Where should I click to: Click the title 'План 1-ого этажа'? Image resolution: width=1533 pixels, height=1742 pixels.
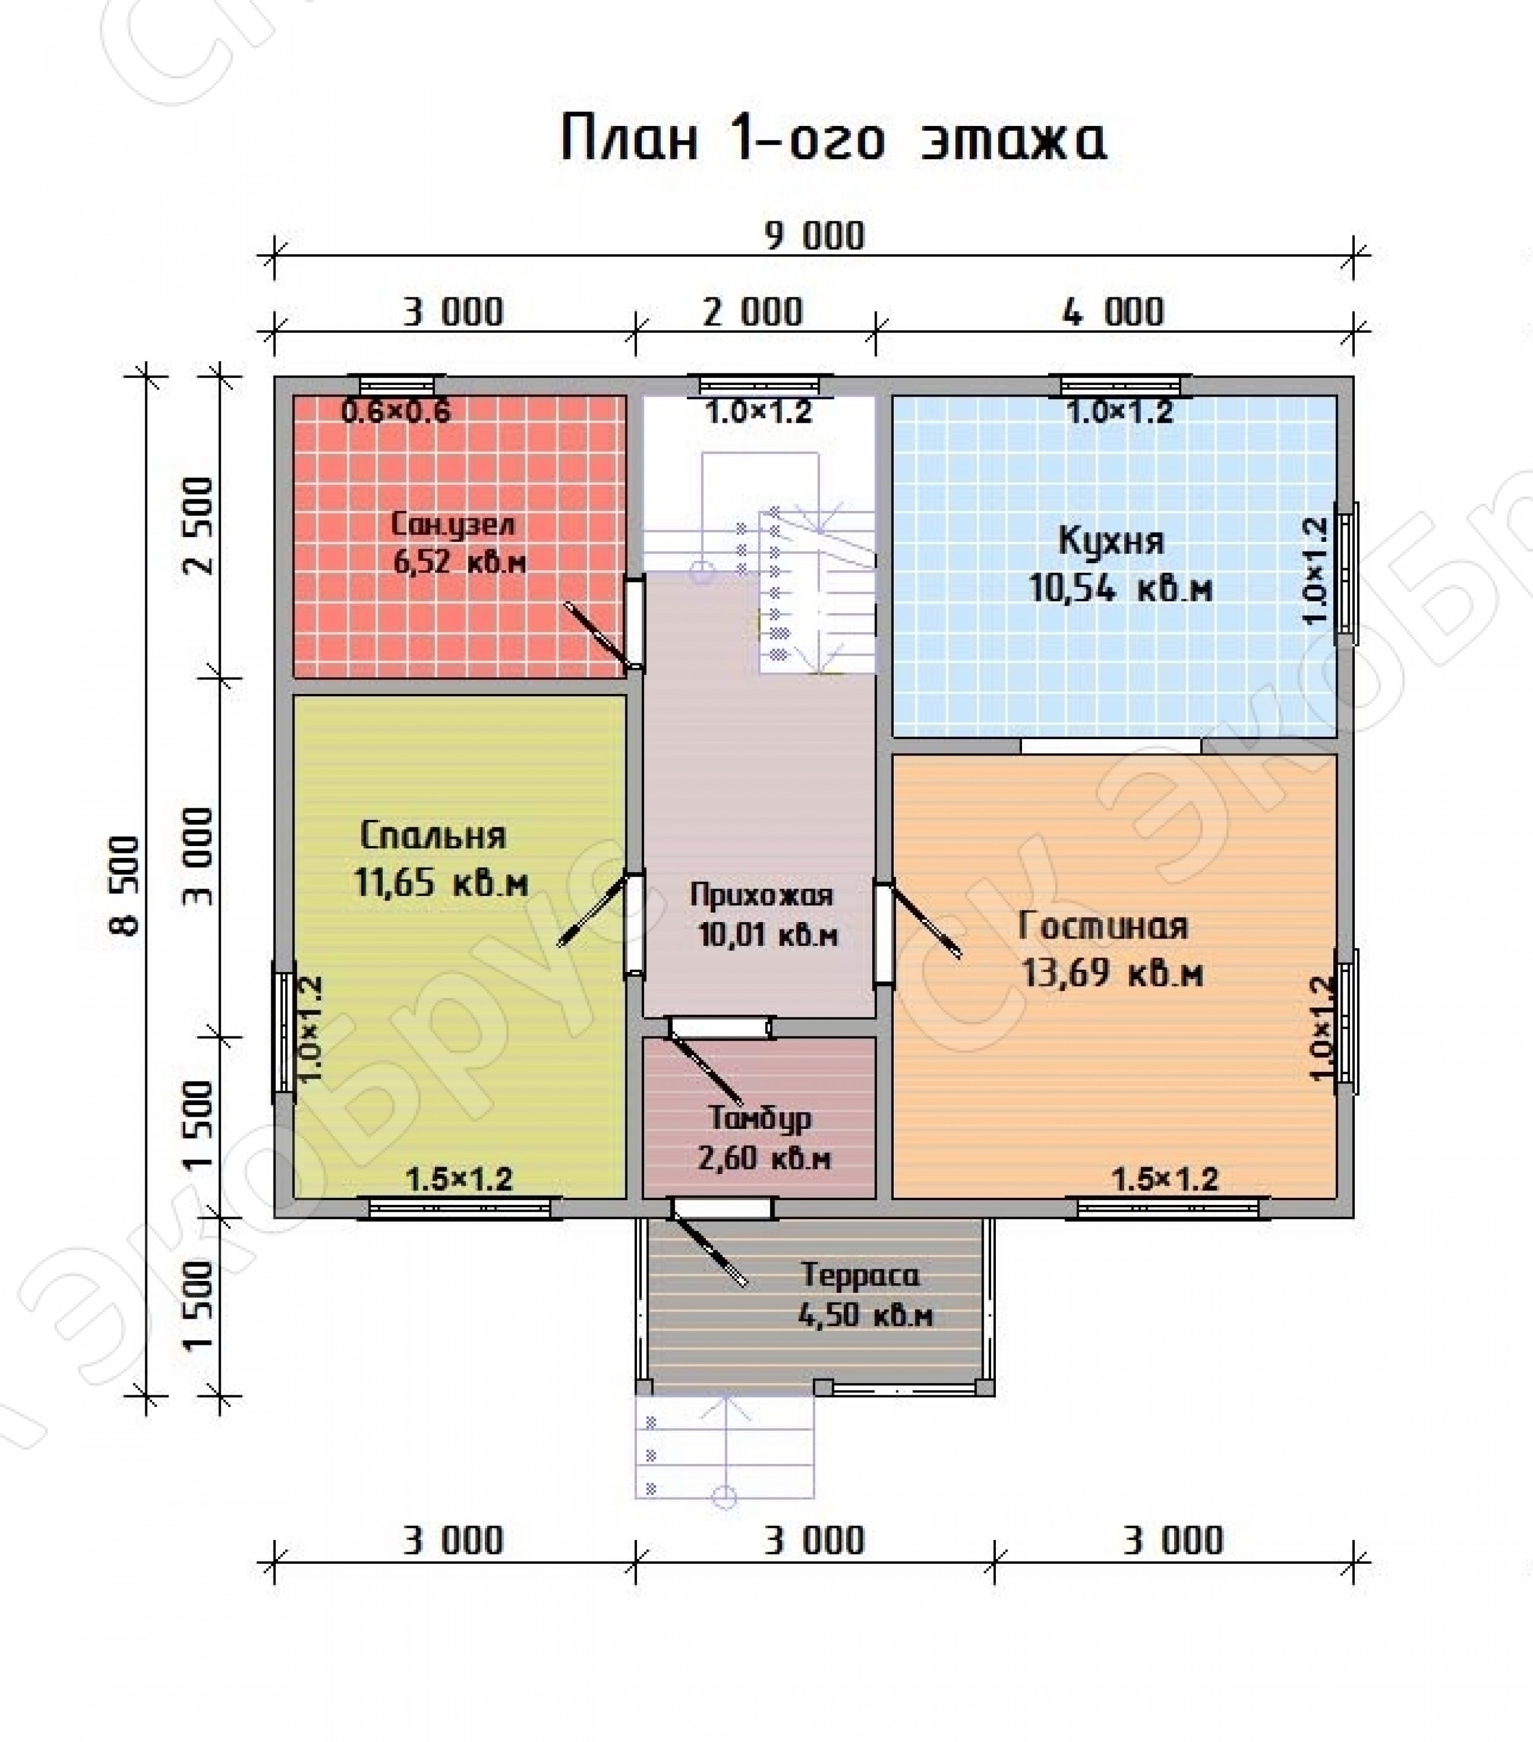click(833, 139)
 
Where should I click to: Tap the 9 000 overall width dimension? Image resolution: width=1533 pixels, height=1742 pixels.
click(814, 236)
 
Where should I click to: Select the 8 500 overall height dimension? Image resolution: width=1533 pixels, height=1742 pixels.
click(125, 886)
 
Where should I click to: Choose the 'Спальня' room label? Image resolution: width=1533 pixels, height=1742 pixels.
click(433, 835)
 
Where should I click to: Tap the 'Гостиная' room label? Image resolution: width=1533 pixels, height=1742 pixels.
click(1103, 926)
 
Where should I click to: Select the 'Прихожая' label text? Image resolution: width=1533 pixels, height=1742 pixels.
click(761, 895)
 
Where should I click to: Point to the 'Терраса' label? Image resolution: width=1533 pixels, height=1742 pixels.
click(861, 1275)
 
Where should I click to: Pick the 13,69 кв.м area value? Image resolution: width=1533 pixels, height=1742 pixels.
click(1112, 973)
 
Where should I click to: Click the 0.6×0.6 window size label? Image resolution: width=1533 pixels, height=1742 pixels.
click(395, 412)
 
